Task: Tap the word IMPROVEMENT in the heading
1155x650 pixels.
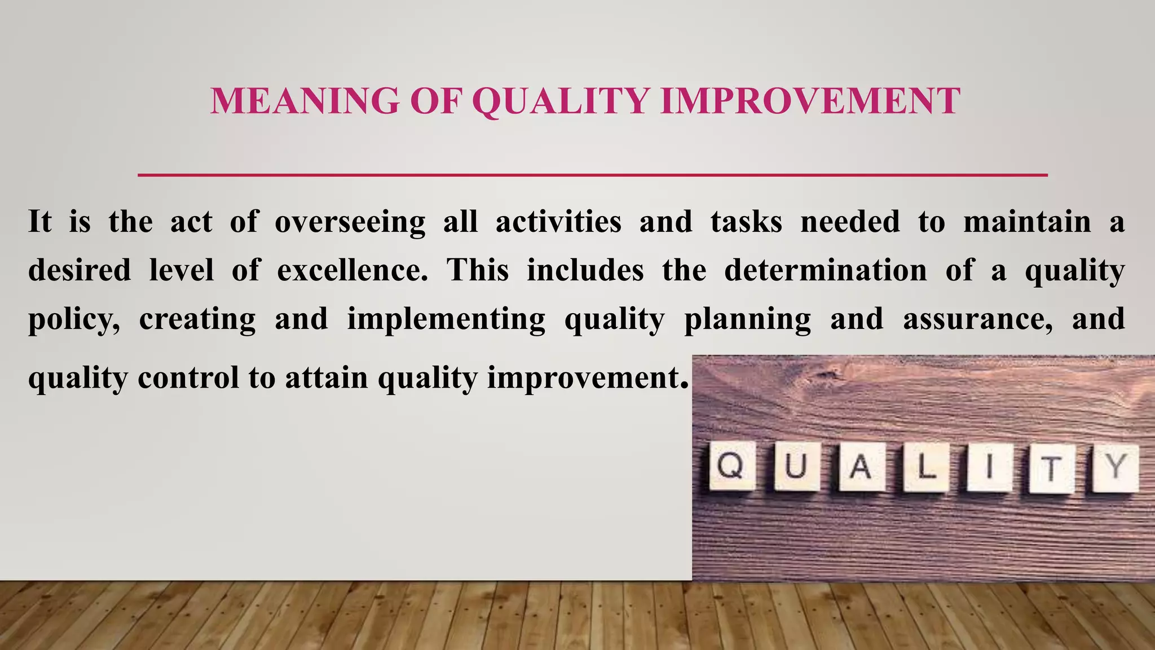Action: (810, 102)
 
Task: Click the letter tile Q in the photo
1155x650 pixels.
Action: (731, 466)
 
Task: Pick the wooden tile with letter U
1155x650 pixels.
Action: (796, 467)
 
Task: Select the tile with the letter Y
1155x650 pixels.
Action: (1116, 468)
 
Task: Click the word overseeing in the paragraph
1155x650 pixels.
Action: (350, 222)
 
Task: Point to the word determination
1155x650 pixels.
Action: (825, 270)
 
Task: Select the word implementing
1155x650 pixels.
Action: (446, 319)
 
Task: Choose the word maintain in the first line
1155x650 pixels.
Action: (1026, 222)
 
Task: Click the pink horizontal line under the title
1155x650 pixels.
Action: (592, 175)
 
